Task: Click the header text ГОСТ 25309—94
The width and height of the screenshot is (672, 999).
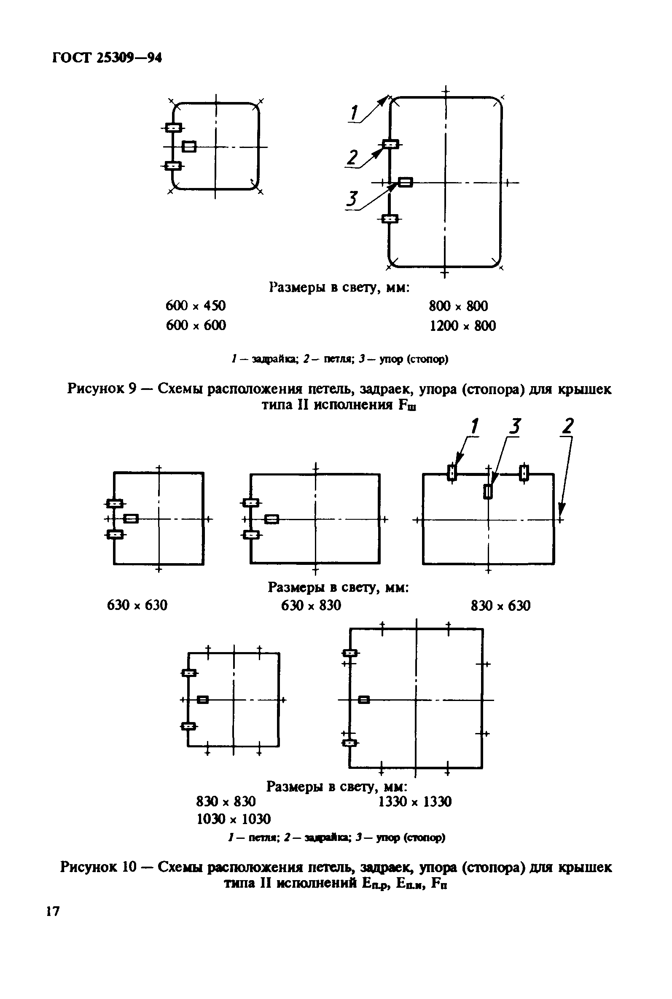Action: coord(107,57)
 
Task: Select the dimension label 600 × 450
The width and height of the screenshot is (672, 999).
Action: coord(196,306)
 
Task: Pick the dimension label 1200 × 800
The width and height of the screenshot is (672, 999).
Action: coord(462,326)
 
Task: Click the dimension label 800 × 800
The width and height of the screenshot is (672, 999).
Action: coord(458,306)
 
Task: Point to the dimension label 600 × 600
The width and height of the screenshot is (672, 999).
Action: coord(196,325)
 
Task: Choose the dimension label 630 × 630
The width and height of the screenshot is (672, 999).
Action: coord(137,605)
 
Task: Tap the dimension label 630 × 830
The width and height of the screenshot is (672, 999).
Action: coord(311,605)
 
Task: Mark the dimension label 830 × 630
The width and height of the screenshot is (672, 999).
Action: coord(500,605)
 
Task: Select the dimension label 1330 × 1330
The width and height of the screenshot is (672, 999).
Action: coord(415,801)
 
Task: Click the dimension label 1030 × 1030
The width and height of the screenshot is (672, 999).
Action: coord(234,819)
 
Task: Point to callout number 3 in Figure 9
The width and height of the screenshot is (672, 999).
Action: coord(352,199)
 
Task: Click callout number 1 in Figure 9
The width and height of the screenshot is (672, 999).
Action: coord(354,113)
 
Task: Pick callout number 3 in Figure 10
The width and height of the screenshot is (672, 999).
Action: coord(515,427)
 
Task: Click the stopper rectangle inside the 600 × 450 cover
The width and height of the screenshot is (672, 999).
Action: coord(189,147)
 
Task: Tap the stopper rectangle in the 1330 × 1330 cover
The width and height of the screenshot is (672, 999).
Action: coord(364,700)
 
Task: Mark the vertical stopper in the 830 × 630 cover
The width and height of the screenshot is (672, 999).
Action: coord(488,491)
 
